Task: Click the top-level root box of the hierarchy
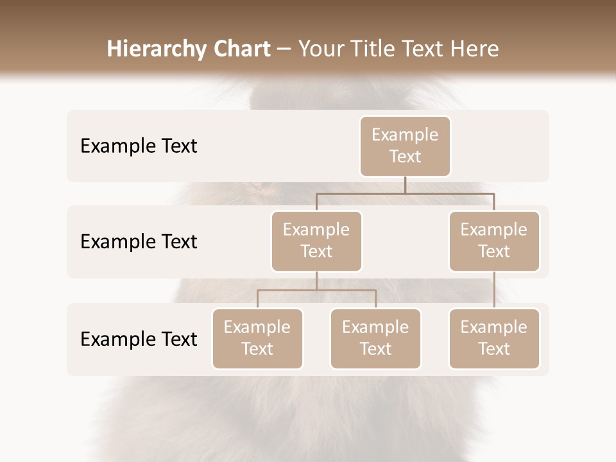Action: (405, 146)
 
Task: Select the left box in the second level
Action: (316, 241)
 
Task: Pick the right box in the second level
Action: (494, 241)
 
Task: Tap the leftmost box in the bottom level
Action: (257, 338)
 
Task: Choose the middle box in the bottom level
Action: (375, 338)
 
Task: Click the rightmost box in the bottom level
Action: (494, 338)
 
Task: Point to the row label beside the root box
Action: (139, 146)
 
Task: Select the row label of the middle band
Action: (139, 241)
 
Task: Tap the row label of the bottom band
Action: (139, 339)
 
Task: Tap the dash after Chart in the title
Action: (284, 50)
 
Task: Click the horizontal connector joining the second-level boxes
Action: (405, 193)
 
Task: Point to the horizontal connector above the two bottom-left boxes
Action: (316, 290)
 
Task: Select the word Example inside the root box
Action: (405, 135)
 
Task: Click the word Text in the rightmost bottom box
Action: (494, 349)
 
